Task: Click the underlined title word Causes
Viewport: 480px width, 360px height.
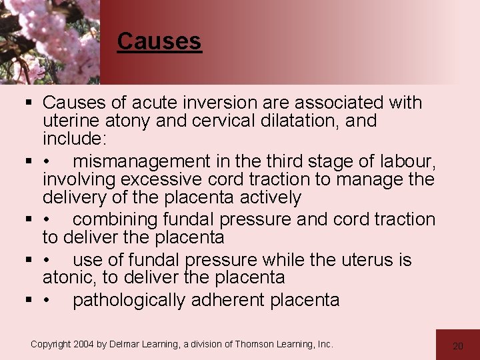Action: [159, 41]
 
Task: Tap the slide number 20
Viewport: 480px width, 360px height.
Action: [457, 346]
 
